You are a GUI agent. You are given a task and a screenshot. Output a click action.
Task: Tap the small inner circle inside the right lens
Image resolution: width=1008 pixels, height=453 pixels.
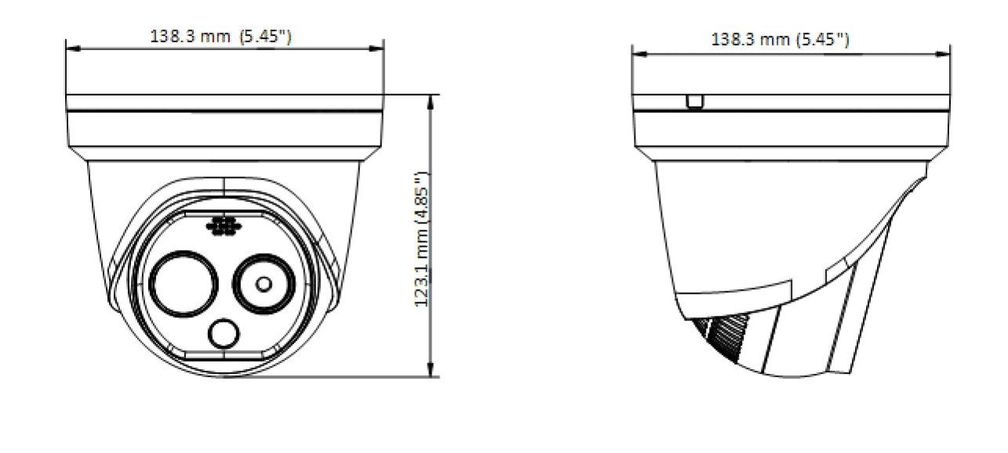coord(264,283)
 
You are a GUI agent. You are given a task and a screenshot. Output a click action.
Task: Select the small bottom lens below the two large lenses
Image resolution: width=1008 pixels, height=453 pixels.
coord(224,334)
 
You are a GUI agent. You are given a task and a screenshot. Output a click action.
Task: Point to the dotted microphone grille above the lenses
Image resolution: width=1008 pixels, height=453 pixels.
coord(223,225)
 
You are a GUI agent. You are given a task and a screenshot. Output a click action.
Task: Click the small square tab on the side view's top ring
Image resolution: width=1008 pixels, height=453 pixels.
coord(693,102)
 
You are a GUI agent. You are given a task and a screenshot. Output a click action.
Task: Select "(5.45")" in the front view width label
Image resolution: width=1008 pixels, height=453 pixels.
coord(267,36)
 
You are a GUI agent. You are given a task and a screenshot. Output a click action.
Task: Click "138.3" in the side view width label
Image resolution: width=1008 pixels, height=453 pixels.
coord(733,40)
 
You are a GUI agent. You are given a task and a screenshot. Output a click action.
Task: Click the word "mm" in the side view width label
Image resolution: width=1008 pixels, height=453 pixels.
coord(775,40)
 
